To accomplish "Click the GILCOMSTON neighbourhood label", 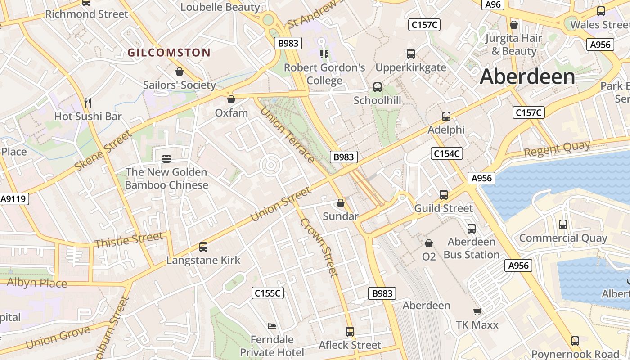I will tap(169, 53).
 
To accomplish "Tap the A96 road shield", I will tap(493, 4).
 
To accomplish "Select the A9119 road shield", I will tap(14, 199).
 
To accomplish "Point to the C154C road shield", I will tap(446, 154).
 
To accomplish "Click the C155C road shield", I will tap(267, 293).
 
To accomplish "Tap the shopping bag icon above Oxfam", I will tap(231, 99).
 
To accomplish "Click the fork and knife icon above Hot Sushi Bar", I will tap(88, 103).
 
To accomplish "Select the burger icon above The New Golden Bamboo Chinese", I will tap(166, 159).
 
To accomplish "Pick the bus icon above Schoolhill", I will tap(377, 87).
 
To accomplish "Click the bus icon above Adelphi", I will tap(446, 117).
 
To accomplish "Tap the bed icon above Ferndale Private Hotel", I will tap(272, 326).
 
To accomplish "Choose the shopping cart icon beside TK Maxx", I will tap(477, 312).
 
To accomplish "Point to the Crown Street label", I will tap(319, 247).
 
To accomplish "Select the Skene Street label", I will tap(103, 151).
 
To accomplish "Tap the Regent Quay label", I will tap(557, 148).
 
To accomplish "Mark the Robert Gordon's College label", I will tap(324, 74).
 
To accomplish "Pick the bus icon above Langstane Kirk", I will tap(203, 247).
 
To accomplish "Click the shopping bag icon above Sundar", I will tap(341, 203).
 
